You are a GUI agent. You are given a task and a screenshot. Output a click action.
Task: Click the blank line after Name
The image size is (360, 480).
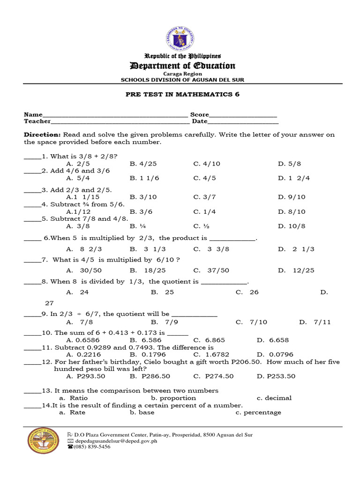tap(115, 115)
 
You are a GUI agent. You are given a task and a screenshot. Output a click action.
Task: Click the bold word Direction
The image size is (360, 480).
tap(42, 135)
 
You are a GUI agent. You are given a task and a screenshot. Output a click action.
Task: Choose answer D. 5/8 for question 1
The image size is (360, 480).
tap(289, 164)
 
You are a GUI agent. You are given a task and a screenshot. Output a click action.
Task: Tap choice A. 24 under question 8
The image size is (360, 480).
tap(78, 292)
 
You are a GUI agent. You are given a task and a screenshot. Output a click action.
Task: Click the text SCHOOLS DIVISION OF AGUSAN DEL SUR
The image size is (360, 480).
tap(182, 80)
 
